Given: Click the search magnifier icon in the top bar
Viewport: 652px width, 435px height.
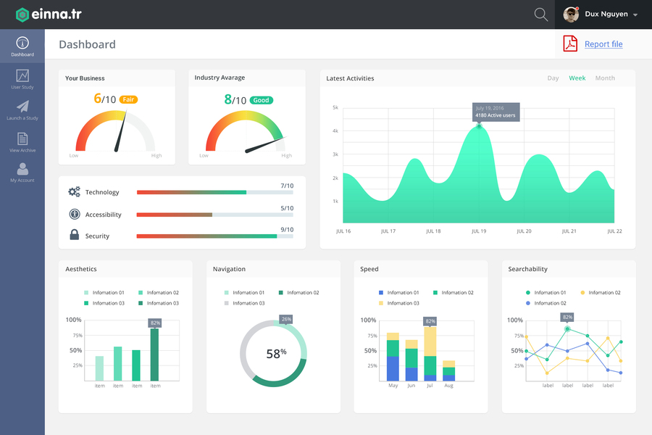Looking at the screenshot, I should [540, 14].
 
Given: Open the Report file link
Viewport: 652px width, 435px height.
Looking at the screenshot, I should [603, 44].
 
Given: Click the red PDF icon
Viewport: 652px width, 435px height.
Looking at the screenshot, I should [570, 44].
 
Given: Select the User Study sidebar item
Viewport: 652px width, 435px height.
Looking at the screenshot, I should [22, 79].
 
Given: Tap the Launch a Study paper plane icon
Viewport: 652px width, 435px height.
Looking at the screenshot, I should [22, 107].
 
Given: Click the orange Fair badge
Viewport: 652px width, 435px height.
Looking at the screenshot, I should [128, 99].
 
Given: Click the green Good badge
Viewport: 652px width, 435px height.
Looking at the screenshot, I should [261, 100].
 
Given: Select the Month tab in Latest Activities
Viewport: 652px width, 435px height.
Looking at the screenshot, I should [605, 78].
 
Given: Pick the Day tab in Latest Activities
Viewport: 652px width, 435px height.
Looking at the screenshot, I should [553, 78].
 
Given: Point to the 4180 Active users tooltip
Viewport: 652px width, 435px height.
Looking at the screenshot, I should [496, 112].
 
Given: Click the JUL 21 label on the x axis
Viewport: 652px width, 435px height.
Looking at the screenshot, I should [569, 231].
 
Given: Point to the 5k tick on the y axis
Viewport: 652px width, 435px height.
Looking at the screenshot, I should [335, 107].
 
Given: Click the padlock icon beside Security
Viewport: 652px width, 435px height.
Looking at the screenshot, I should [74, 235].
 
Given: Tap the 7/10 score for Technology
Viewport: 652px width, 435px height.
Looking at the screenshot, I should [287, 186].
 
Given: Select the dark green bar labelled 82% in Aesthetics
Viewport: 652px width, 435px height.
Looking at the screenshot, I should [154, 355].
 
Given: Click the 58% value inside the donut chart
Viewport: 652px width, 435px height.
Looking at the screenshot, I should [276, 354].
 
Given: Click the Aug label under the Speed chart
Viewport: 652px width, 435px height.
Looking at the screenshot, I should [448, 386].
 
